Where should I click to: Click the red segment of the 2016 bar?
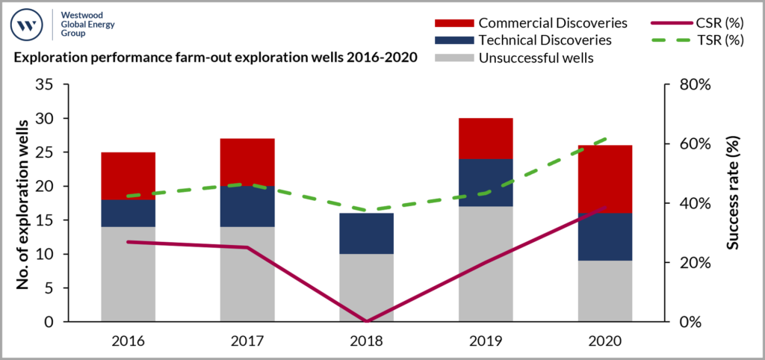(128, 176)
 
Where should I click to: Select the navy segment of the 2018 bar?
(366, 233)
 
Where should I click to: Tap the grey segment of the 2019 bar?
(486, 264)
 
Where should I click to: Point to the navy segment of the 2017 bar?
(247, 206)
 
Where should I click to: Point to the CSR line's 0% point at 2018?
(366, 321)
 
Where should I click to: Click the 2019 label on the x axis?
(486, 341)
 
